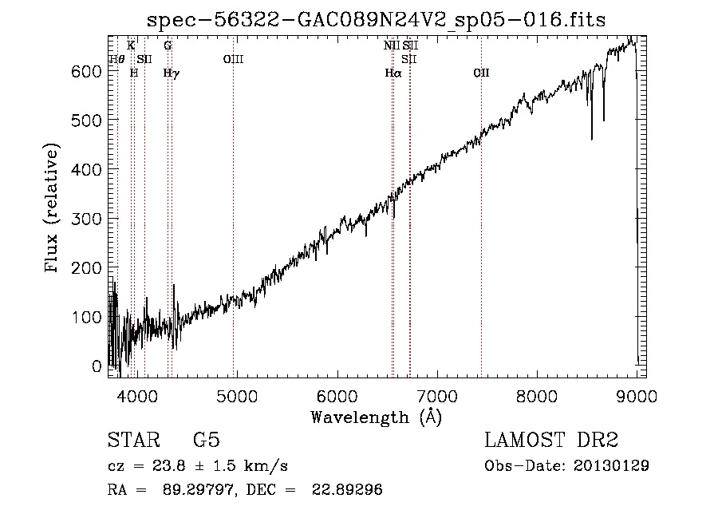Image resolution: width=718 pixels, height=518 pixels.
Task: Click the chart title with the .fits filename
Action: point(376,20)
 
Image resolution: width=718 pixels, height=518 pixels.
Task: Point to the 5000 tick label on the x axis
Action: point(237,396)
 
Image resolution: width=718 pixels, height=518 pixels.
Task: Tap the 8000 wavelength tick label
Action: point(537,396)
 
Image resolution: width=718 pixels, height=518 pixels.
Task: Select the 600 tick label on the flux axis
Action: point(86,71)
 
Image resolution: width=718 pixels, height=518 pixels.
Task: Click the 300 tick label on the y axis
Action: point(86,219)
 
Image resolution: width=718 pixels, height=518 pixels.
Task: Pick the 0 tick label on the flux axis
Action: point(97,366)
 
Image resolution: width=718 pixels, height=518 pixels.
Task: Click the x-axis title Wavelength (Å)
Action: point(377,417)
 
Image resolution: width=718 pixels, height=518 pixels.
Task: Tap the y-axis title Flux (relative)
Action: point(51,208)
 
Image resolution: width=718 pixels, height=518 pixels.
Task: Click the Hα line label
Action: point(393,73)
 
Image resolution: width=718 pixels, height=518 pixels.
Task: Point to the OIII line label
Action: point(233,59)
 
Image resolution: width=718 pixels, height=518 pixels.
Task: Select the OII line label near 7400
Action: point(481,73)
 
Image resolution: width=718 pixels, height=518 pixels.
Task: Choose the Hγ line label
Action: point(172,73)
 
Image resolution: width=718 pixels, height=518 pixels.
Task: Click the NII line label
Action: point(392,45)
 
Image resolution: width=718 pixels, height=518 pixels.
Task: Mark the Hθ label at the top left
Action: point(116,59)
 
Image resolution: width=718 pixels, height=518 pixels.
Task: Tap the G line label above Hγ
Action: point(168,45)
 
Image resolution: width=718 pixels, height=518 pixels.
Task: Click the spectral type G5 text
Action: point(207,440)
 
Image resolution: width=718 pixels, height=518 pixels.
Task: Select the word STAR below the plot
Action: point(134,440)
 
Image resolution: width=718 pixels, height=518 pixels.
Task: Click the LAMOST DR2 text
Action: point(551,440)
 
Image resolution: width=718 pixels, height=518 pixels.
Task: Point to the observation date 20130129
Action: point(611,466)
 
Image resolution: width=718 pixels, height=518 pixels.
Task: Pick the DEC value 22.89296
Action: point(347,489)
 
